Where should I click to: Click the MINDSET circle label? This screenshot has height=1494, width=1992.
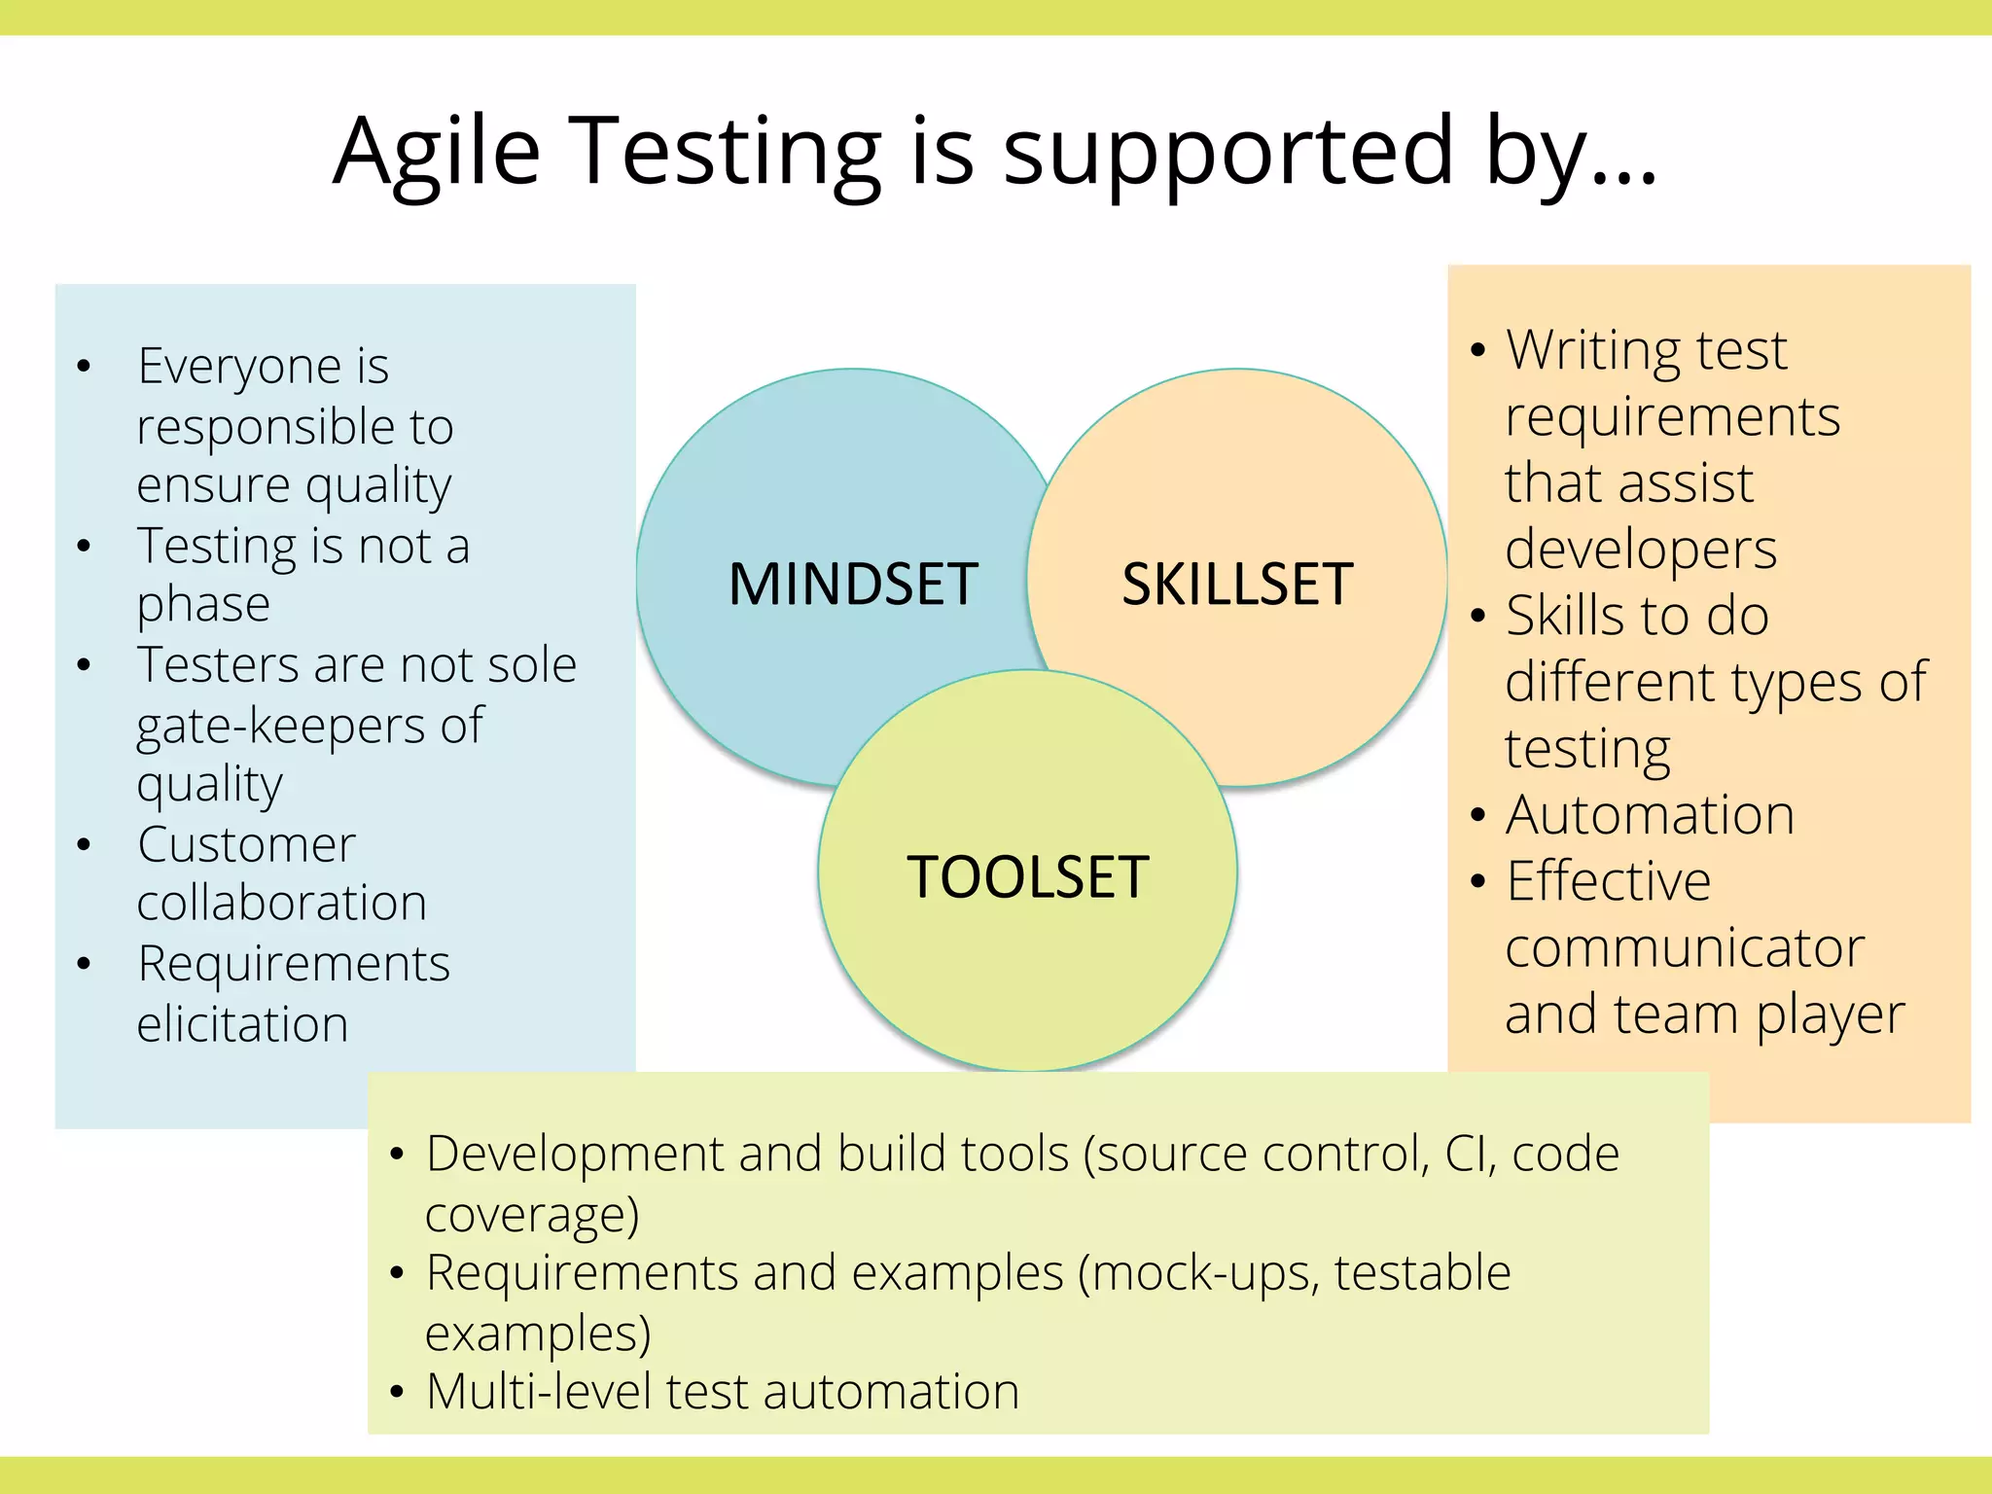coord(853,585)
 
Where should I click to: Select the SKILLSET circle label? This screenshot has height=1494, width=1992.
coord(1237,585)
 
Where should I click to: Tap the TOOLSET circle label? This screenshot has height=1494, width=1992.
coord(1027,876)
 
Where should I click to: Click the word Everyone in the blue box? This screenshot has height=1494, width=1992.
coord(240,367)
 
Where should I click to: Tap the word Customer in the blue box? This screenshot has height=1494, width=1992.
coord(246,844)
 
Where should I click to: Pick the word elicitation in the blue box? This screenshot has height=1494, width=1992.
coord(242,1024)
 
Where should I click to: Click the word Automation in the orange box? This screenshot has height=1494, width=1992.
coord(1650,815)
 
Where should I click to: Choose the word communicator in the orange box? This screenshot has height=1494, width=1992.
coord(1685,947)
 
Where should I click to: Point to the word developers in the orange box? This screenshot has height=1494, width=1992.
coord(1641,551)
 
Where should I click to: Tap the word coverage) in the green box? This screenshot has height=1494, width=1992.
coord(532,1215)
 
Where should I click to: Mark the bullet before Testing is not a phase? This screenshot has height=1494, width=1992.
coord(85,547)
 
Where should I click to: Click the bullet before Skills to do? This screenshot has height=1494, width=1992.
coord(1478,616)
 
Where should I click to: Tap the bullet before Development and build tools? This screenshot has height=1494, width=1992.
coord(396,1156)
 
